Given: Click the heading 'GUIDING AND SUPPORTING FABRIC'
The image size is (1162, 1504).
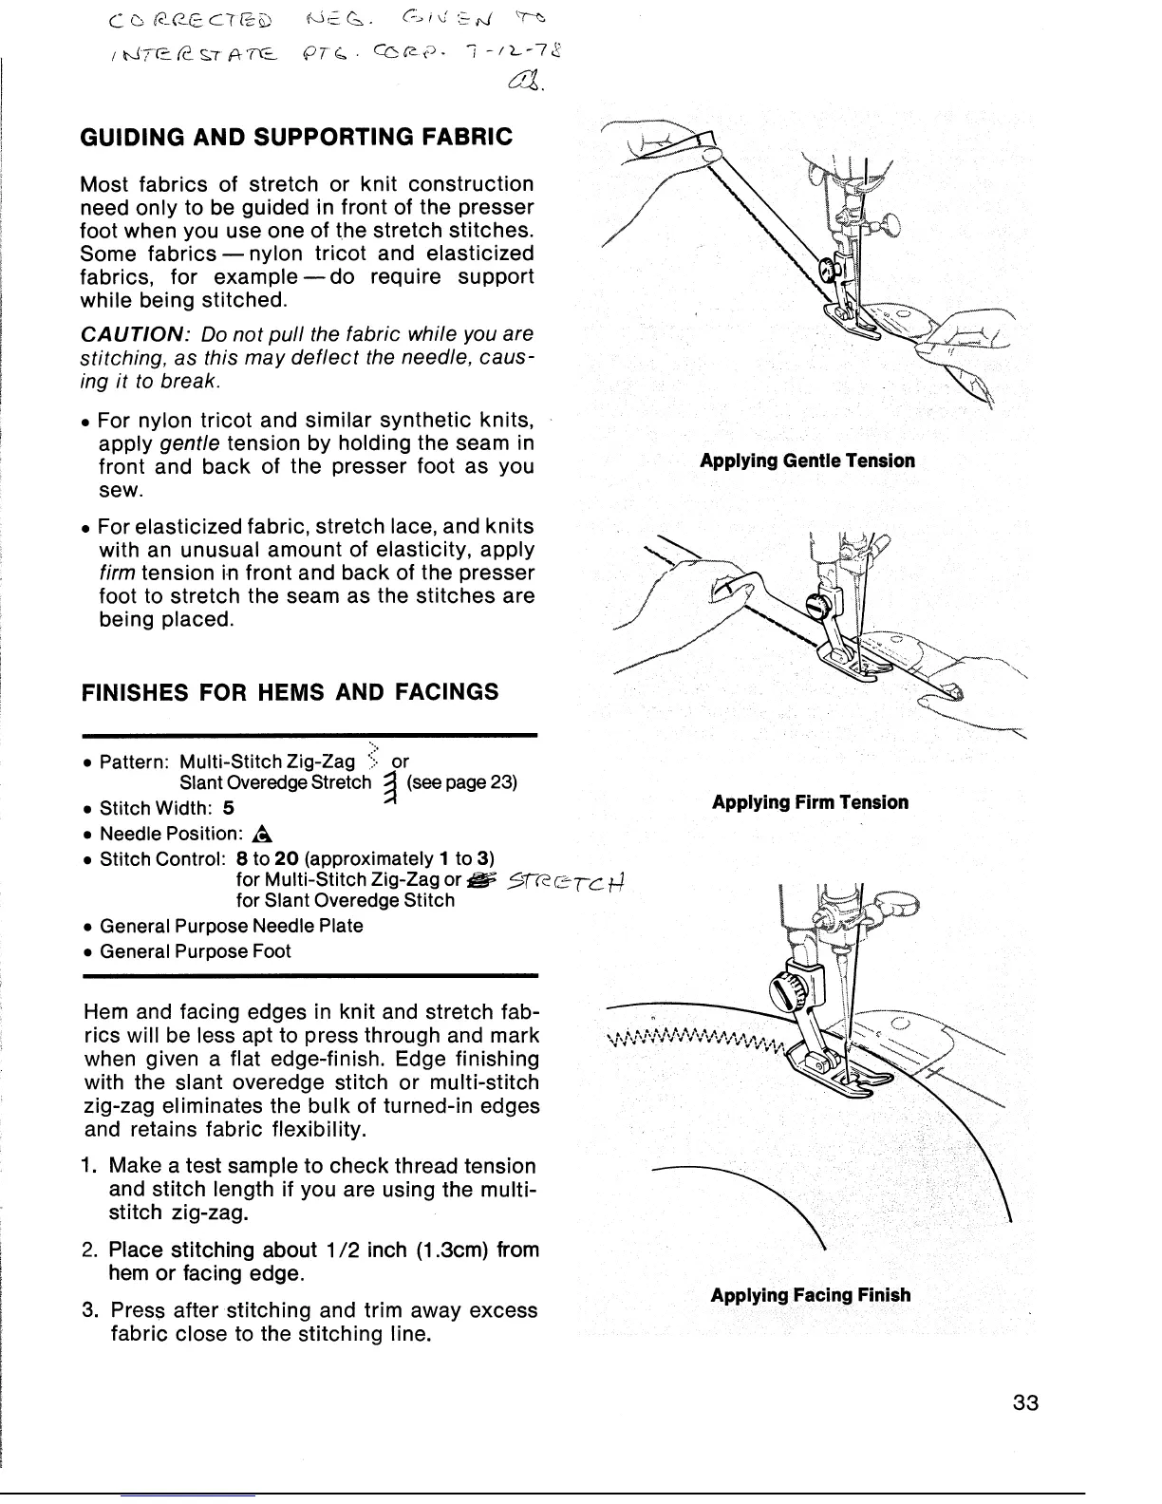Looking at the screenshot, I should (x=297, y=137).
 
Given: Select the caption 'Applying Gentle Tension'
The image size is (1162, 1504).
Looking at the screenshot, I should (x=807, y=461).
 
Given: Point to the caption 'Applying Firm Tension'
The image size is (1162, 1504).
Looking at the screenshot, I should (x=810, y=802).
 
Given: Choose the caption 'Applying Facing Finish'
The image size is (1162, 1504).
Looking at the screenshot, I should (x=810, y=1295).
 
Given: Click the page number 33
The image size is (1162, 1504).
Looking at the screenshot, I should (x=1025, y=1403).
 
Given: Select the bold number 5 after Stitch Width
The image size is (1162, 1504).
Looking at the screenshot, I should (x=228, y=809).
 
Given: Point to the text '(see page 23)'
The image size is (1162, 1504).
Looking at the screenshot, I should (x=461, y=783).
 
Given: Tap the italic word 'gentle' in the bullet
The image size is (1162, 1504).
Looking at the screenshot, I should (x=190, y=443).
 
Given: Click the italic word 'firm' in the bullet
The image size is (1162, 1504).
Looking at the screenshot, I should (x=118, y=573).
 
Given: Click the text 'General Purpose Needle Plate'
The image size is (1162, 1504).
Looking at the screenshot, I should (x=231, y=926).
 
